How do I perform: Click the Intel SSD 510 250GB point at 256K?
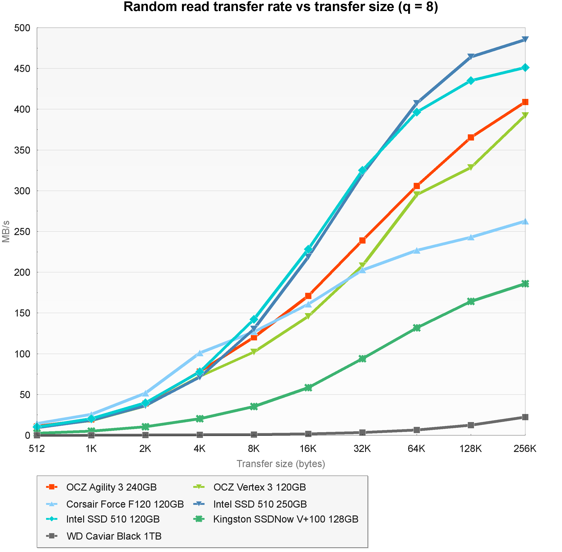pos(525,39)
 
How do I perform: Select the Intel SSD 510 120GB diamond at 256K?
pos(525,68)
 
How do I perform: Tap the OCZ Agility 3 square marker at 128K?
pos(471,137)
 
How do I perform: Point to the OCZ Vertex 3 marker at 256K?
pos(525,115)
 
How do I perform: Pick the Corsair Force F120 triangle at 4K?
pos(200,353)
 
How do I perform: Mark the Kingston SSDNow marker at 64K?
pos(417,328)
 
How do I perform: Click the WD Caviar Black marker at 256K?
pos(525,417)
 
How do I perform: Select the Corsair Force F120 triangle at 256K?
pos(525,221)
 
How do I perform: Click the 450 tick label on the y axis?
pos(22,69)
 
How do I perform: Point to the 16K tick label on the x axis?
pos(308,449)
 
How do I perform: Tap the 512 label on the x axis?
pos(37,449)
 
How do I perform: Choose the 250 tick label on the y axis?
pos(22,232)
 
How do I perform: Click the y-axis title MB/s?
pos(6,231)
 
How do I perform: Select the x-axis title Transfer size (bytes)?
pos(281,464)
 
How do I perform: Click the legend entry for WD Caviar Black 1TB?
pos(114,536)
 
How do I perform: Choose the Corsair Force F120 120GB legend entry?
pos(125,504)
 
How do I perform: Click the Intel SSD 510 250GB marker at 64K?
pos(417,103)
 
